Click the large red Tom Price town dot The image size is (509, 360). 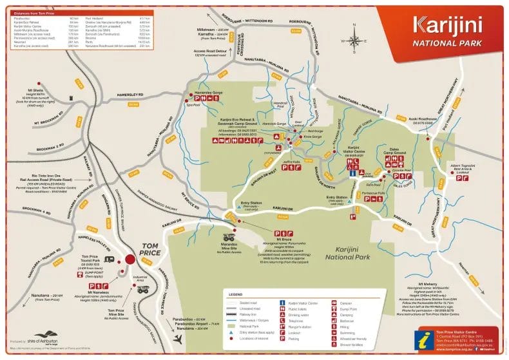pyautogui.click(x=130, y=259)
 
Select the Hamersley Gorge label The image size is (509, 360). pyautogui.click(x=206, y=93)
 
